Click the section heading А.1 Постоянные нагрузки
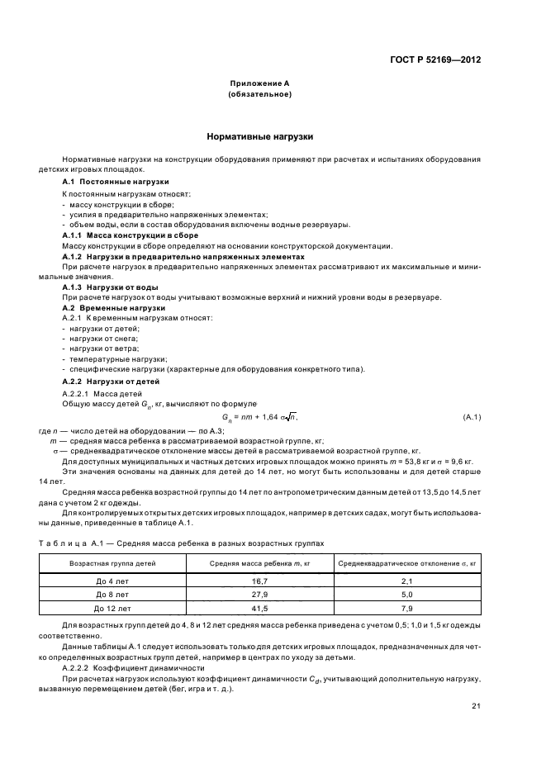pos(116,181)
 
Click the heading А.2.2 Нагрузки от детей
pos(112,381)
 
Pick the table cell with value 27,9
pos(259,595)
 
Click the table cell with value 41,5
pos(259,609)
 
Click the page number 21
pos(476,705)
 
